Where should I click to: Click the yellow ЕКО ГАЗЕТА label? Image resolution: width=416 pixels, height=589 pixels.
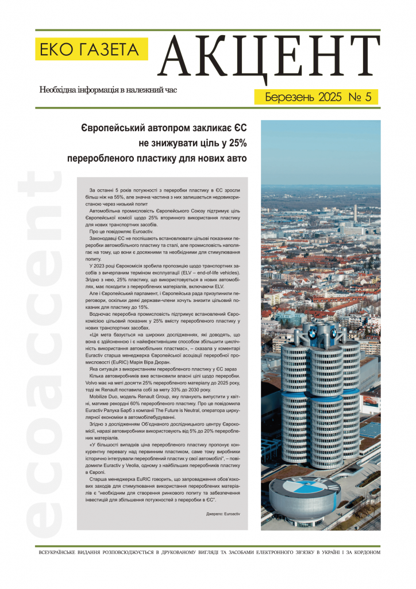point(91,49)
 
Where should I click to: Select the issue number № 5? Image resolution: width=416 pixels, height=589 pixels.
point(359,97)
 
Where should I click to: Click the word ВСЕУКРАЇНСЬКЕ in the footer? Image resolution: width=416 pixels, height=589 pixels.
point(63,553)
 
